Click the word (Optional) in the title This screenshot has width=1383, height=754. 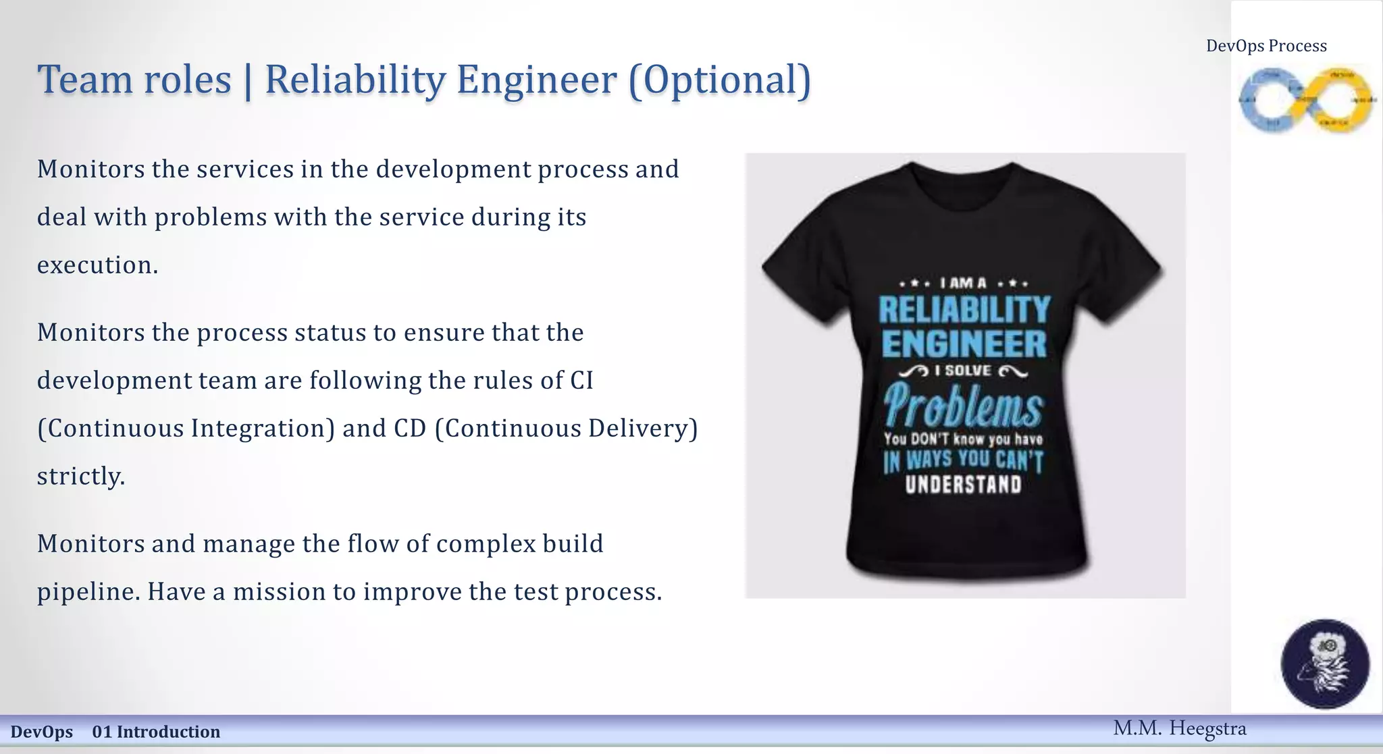coord(719,80)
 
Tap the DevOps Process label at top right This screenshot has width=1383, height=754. coord(1266,46)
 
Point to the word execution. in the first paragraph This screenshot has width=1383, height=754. coord(97,265)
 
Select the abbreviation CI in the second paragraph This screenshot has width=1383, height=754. coord(581,381)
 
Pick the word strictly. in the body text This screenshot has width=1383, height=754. coord(81,477)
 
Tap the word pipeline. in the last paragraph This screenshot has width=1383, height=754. coord(88,592)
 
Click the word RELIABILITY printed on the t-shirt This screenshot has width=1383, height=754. coord(964,311)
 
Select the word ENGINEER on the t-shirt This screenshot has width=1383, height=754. coord(964,344)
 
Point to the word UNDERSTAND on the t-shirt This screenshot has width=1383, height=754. coord(964,485)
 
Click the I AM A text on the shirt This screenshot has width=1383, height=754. coord(964,284)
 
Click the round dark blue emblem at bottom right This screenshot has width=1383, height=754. coord(1325,664)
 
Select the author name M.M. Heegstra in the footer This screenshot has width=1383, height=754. coord(1179,728)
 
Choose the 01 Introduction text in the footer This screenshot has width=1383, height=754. coord(156,732)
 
